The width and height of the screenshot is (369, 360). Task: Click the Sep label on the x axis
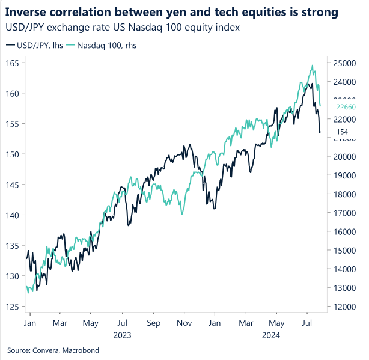(x=153, y=323)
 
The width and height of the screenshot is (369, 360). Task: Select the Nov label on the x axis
(x=184, y=323)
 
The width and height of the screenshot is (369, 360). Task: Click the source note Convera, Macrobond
(x=53, y=350)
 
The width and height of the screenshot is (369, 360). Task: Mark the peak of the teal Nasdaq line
(x=312, y=66)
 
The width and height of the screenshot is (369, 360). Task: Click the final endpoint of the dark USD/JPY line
(x=320, y=132)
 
